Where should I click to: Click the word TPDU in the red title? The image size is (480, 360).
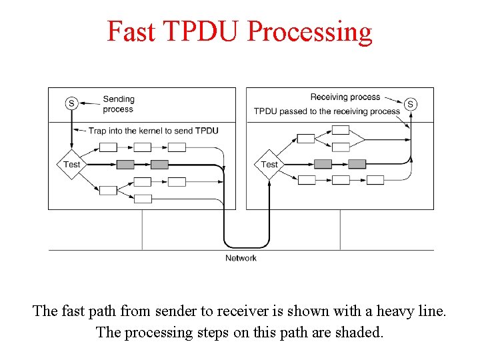(x=198, y=31)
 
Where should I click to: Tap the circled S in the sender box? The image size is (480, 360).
(x=71, y=103)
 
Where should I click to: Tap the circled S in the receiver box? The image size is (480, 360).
(x=411, y=104)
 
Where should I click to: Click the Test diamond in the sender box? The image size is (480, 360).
(x=71, y=165)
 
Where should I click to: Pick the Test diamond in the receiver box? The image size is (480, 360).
(x=269, y=165)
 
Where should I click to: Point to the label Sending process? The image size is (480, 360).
(x=118, y=104)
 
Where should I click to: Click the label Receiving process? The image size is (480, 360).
(x=345, y=97)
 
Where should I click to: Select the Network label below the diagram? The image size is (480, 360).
(x=241, y=258)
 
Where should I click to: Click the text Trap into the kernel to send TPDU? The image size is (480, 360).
(x=153, y=131)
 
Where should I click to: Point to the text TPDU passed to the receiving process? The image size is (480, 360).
(x=327, y=111)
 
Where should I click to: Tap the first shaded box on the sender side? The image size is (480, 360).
(x=125, y=165)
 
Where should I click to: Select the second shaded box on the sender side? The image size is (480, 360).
(x=159, y=165)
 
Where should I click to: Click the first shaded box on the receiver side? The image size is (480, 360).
(x=323, y=164)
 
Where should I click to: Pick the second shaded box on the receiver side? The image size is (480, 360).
(x=357, y=164)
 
